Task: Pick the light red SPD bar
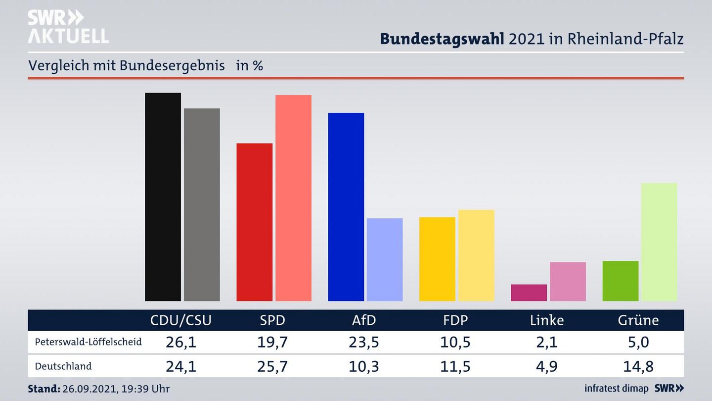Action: pyautogui.click(x=293, y=198)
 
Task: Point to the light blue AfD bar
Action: pyautogui.click(x=385, y=259)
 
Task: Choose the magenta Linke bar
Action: pyautogui.click(x=529, y=293)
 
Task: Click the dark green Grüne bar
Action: pyautogui.click(x=620, y=281)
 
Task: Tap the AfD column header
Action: pyautogui.click(x=364, y=320)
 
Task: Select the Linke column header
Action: pyautogui.click(x=546, y=320)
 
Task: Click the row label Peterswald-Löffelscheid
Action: pyautogui.click(x=88, y=342)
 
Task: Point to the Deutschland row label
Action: pyautogui.click(x=63, y=366)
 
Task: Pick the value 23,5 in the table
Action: pyautogui.click(x=364, y=342)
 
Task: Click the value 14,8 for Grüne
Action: pyautogui.click(x=638, y=366)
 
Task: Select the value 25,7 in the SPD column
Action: pyautogui.click(x=272, y=366)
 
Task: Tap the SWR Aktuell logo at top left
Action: pyautogui.click(x=68, y=27)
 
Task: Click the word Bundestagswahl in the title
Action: pyautogui.click(x=442, y=39)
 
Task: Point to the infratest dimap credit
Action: pyautogui.click(x=616, y=388)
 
